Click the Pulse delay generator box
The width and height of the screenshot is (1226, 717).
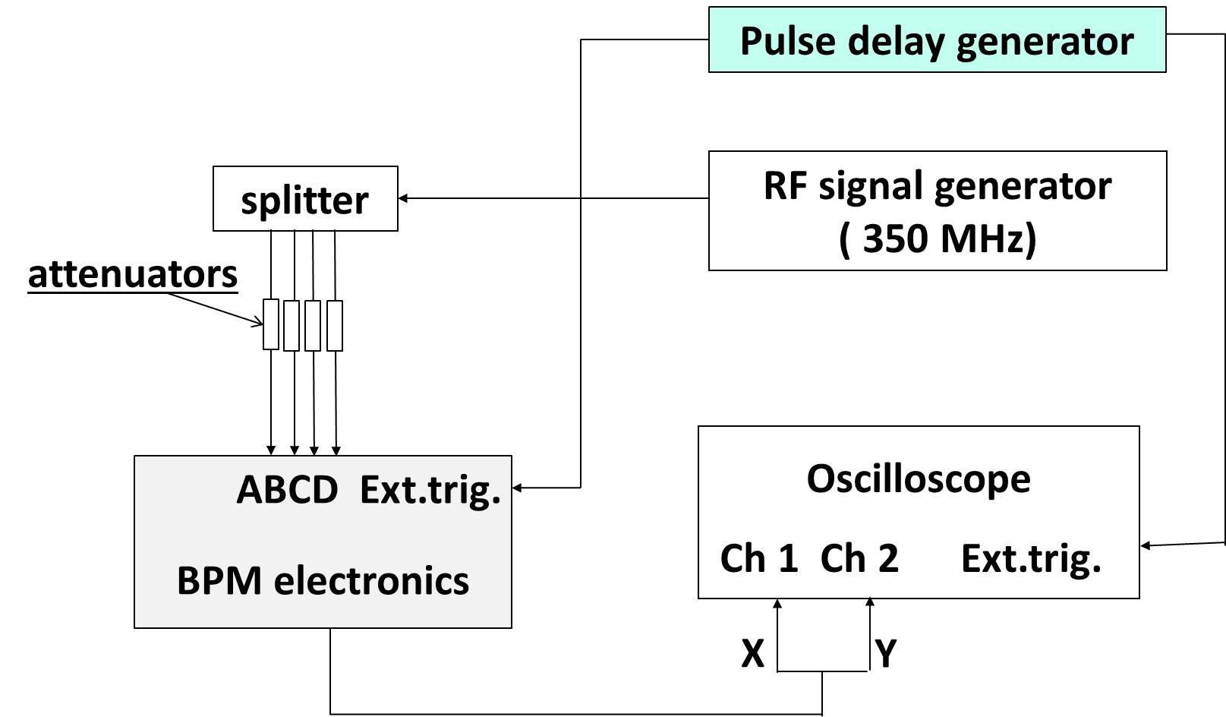pos(937,40)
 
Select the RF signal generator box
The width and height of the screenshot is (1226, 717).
pos(937,210)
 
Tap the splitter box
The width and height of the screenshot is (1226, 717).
pos(305,199)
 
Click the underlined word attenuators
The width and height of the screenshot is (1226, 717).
pos(133,273)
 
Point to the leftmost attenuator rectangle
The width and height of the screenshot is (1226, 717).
pos(271,324)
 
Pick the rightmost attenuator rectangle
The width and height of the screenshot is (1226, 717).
pos(335,326)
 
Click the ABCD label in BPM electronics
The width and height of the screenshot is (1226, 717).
pos(287,490)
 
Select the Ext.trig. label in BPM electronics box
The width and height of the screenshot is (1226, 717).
pos(430,490)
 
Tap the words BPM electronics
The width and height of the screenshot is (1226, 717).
pos(323,580)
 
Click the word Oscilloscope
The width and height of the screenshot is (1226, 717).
pos(919,479)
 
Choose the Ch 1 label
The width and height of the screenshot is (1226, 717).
pos(758,558)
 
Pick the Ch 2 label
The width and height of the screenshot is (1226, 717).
pos(859,558)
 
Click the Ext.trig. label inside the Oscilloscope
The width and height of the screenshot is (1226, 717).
pos(1031,558)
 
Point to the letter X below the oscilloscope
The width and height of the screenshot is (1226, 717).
pos(752,653)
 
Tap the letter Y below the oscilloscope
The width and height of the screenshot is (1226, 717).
pos(886,653)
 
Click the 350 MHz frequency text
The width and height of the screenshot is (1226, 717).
pos(938,238)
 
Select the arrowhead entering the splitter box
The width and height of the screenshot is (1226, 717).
pos(403,198)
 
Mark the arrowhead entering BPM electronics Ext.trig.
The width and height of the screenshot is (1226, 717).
pos(518,488)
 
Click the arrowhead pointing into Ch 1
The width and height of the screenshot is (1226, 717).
pos(777,604)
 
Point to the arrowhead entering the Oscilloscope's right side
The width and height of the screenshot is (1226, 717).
pos(1146,545)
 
